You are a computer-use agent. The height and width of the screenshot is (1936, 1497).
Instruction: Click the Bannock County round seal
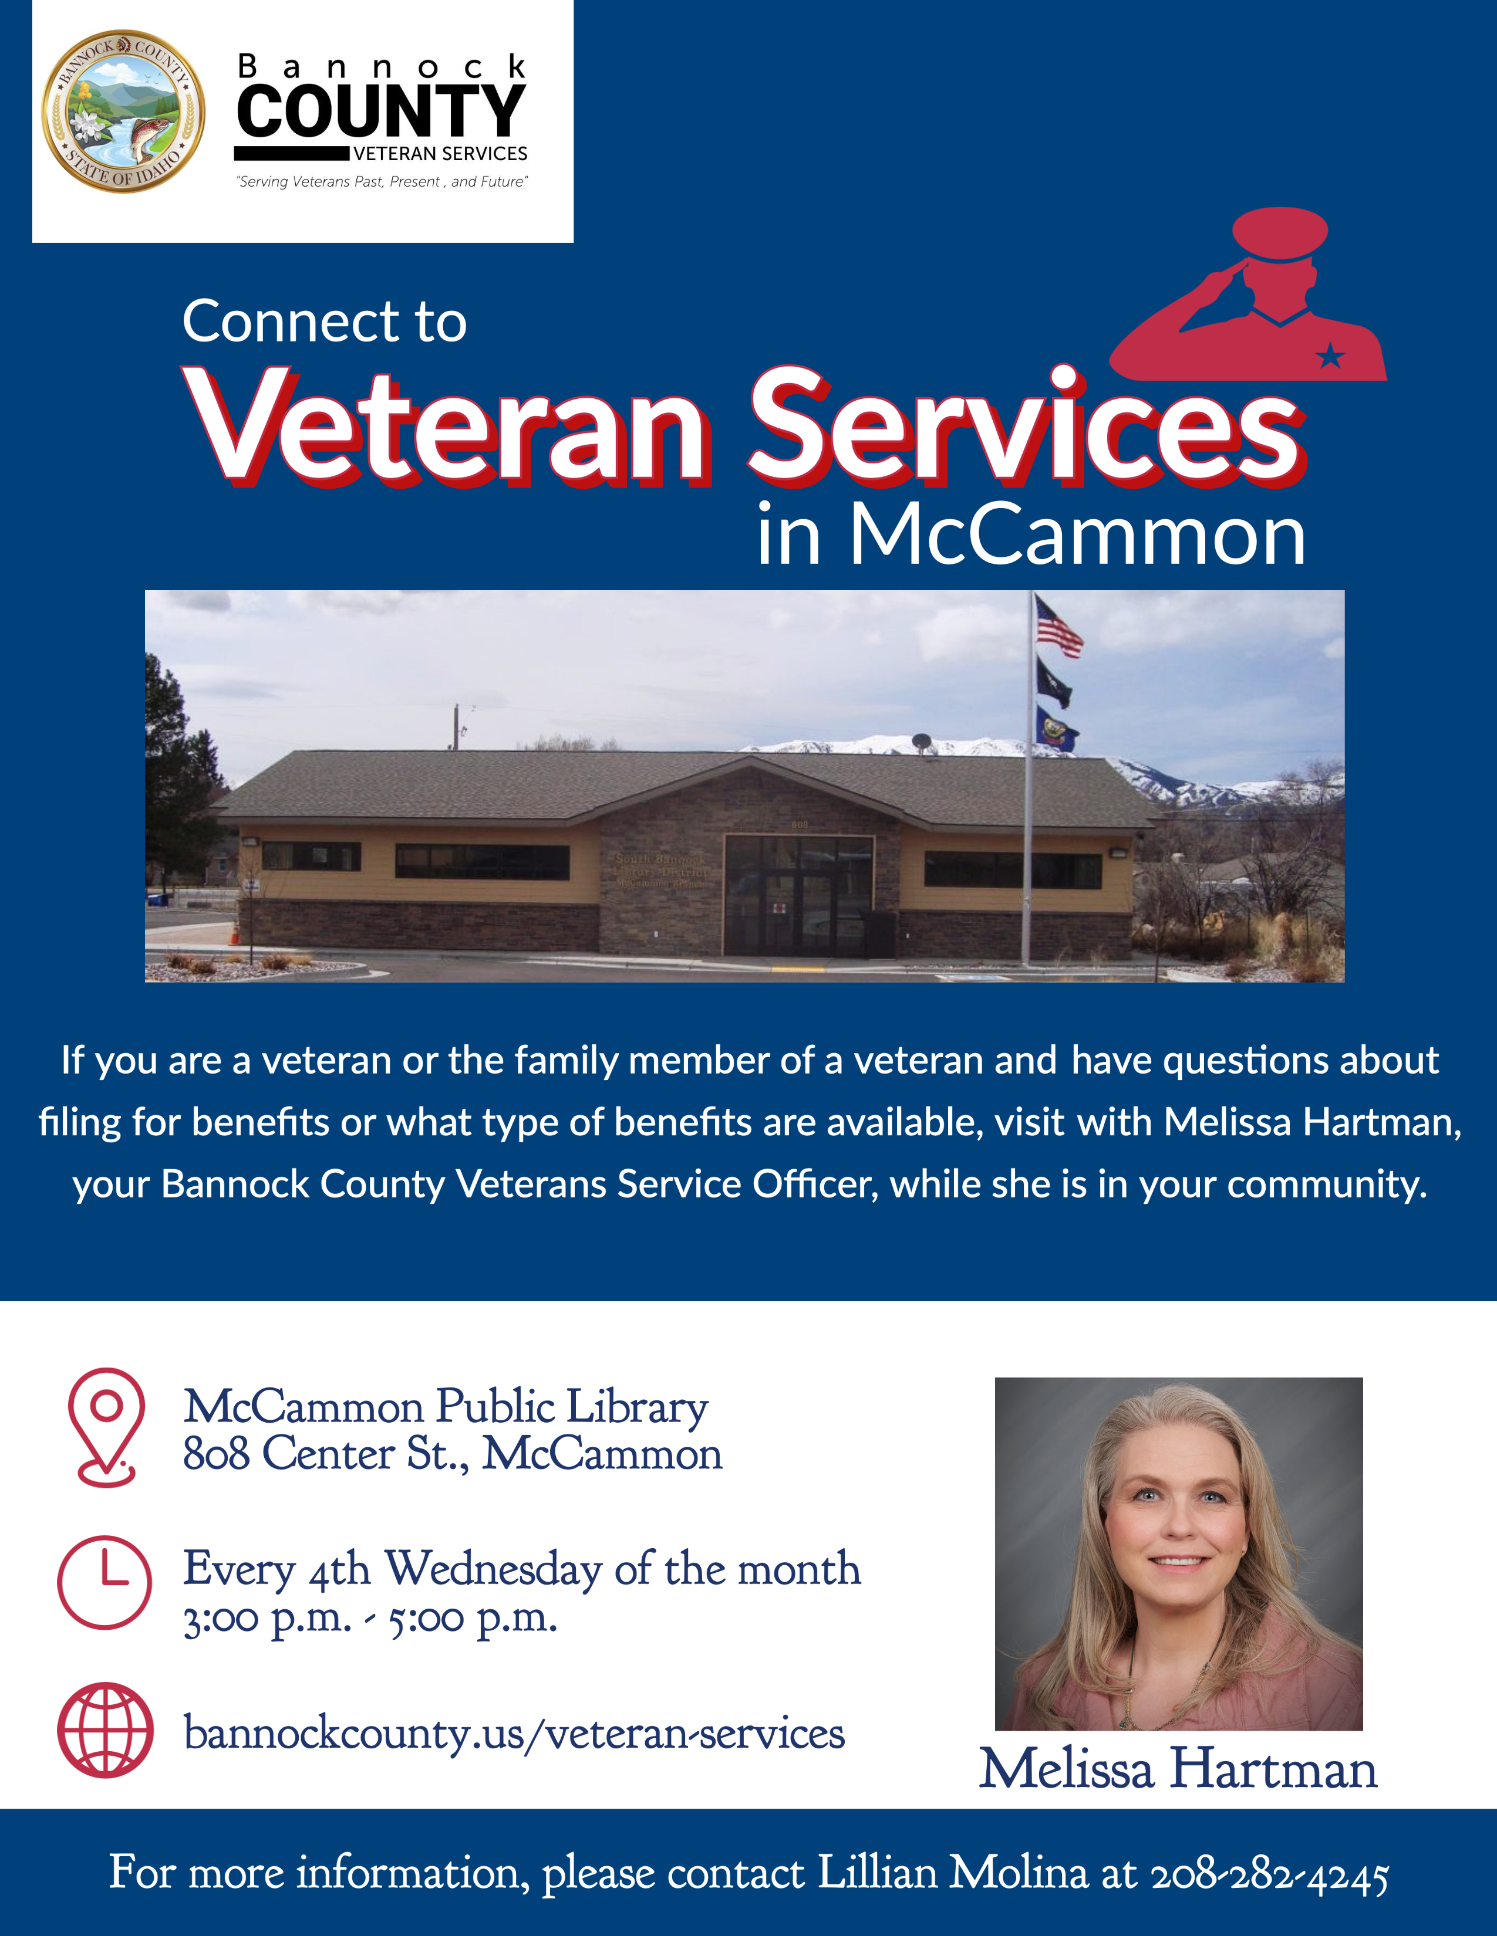pyautogui.click(x=123, y=111)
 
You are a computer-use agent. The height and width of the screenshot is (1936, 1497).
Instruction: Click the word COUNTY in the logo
pyautogui.click(x=382, y=111)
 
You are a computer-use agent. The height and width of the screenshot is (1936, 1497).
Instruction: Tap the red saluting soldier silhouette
pyautogui.click(x=1249, y=295)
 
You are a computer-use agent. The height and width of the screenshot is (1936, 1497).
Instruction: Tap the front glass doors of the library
pyautogui.click(x=799, y=913)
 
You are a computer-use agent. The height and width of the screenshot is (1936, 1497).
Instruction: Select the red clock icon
pyautogui.click(x=104, y=1582)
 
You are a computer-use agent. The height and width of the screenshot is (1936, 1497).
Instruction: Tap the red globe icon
pyautogui.click(x=104, y=1729)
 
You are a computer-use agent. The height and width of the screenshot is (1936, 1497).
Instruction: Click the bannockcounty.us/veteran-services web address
pyautogui.click(x=514, y=1733)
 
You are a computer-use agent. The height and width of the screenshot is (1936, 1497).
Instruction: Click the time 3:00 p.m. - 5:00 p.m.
pyautogui.click(x=370, y=1618)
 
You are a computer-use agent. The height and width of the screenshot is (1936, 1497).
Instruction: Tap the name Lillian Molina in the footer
pyautogui.click(x=952, y=1872)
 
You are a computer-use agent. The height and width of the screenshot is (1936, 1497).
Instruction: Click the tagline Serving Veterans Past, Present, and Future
pyautogui.click(x=382, y=182)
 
